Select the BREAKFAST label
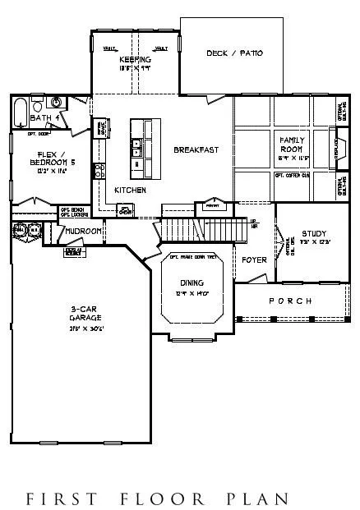195,149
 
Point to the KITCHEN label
130,190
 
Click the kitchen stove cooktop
99,171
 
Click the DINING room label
192,283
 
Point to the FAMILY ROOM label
293,145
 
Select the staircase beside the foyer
201,226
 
